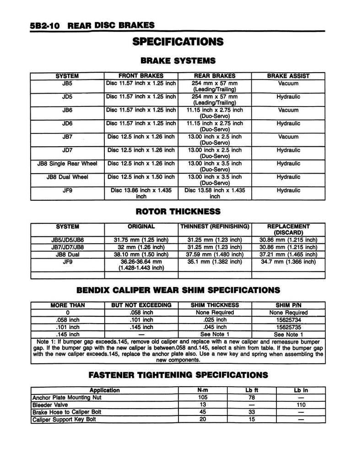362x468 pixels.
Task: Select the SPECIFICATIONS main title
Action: tap(178, 42)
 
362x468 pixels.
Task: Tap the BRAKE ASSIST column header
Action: tap(288, 76)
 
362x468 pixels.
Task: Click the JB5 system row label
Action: tap(67, 84)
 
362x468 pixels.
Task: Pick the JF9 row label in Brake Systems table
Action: tap(67, 190)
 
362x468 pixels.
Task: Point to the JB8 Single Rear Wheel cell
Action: tap(67, 164)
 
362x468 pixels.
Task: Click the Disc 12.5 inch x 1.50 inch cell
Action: tap(141, 177)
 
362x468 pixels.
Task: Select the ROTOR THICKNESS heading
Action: tap(178, 212)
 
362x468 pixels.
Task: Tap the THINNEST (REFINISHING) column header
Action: tap(215, 227)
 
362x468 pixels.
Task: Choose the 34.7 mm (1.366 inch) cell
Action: tap(288, 262)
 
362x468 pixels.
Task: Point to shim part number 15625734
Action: tap(288, 320)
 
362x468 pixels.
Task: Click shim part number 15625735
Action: tap(288, 327)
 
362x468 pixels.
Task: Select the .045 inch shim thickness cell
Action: tap(215, 327)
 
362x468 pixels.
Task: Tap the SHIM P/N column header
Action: tap(288, 305)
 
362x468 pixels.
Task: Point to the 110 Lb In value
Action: tap(300, 405)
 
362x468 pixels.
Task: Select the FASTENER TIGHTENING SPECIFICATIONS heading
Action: tap(178, 375)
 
